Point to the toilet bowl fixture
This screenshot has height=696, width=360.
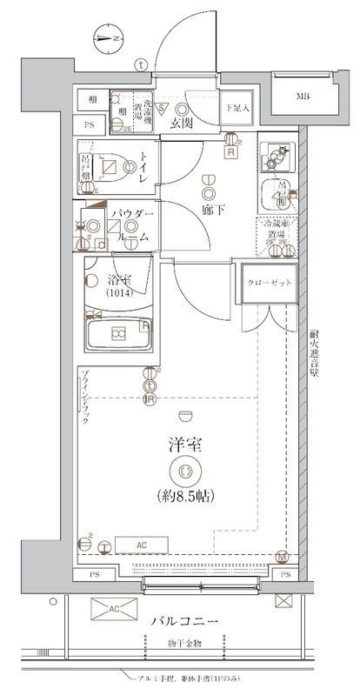(110, 167)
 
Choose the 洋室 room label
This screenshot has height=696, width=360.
(184, 445)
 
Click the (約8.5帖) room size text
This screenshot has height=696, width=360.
(184, 497)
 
